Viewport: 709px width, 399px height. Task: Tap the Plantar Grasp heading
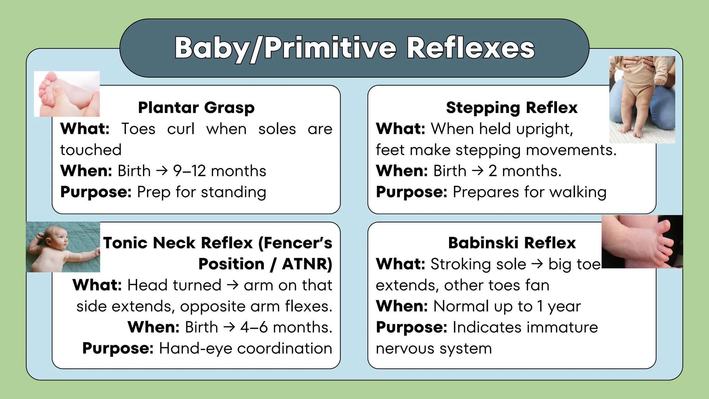196,107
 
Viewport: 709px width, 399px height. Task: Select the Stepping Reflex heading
512,107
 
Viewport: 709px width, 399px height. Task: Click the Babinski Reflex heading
512,243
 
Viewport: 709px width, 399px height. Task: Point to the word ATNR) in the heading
307,264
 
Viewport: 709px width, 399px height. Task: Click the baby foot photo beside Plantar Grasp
67,94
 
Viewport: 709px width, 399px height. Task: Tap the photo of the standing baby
642,100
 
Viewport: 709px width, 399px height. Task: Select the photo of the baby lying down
63,247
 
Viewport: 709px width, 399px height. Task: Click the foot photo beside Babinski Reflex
642,242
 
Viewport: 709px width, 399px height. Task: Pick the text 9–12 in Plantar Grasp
189,171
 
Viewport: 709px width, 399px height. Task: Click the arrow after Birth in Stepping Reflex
477,171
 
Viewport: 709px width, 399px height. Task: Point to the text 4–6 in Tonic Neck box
254,327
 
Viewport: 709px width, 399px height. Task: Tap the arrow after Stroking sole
537,264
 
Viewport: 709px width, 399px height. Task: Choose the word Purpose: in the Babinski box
412,327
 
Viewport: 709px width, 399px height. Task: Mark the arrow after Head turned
233,285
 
